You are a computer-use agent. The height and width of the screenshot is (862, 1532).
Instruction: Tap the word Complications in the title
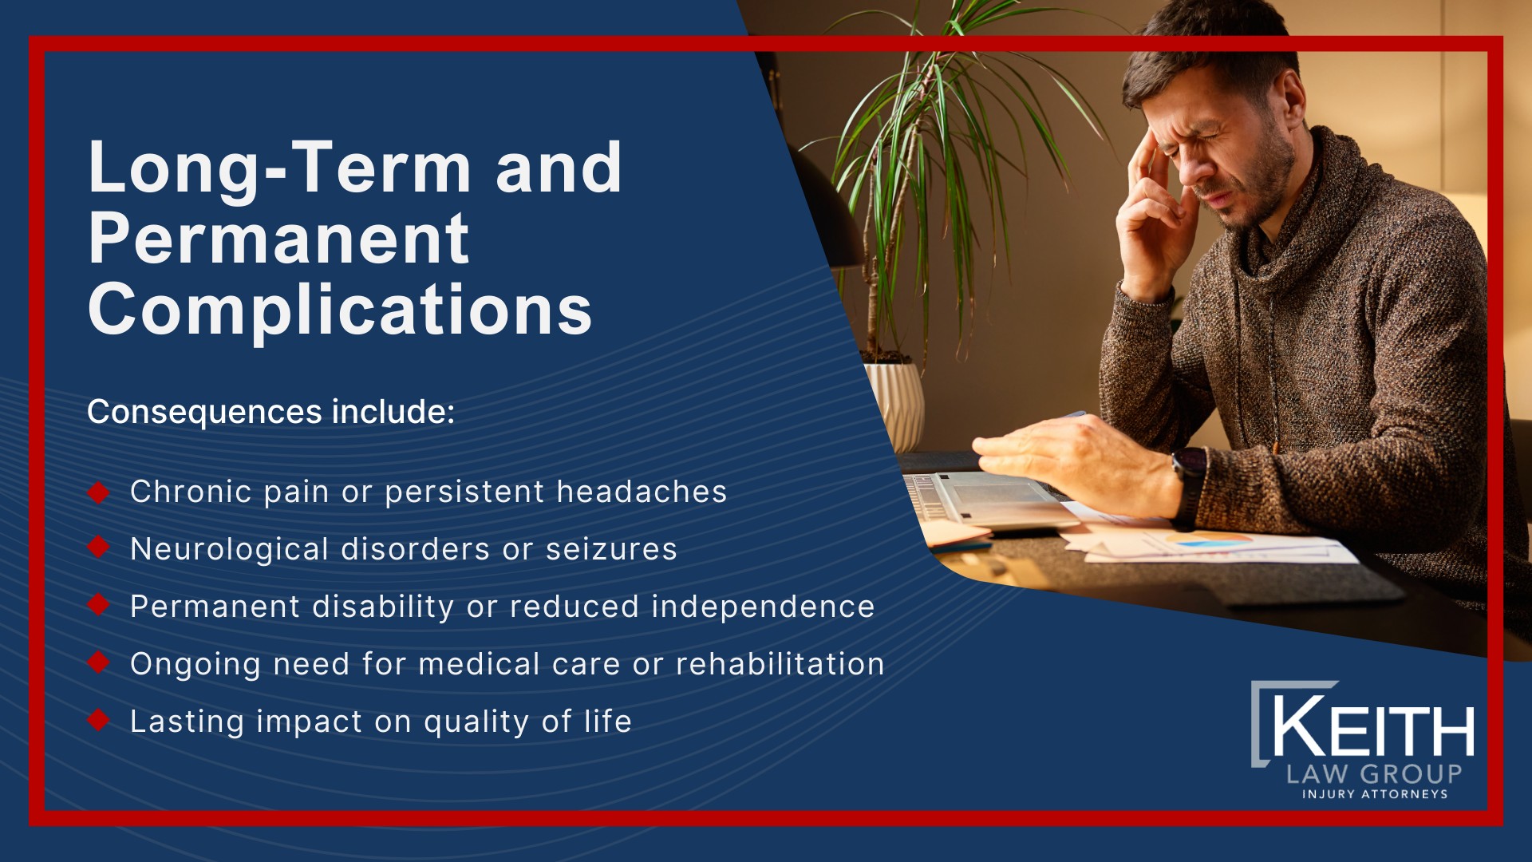coord(340,310)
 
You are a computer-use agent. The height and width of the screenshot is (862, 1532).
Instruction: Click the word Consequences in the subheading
coord(204,412)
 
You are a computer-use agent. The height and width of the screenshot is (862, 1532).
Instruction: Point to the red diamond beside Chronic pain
coord(98,492)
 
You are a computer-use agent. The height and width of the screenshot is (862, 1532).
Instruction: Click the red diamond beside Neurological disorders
coord(98,548)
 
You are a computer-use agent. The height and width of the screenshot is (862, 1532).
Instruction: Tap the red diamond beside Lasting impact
coord(98,720)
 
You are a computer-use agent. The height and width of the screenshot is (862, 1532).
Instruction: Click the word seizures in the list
coord(611,549)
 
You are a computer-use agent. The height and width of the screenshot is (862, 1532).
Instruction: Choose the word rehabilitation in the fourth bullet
coord(780,664)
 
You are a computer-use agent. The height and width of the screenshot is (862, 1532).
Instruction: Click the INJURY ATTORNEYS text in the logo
coord(1374,794)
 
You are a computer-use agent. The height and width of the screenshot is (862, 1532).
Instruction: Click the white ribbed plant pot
coord(895,403)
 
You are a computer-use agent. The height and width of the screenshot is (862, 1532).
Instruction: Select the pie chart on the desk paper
coord(1209,542)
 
